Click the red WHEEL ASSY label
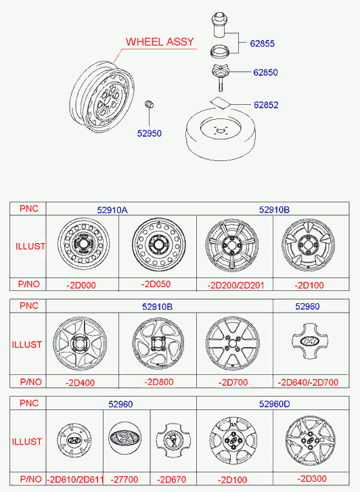(x=160, y=42)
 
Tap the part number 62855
(x=262, y=43)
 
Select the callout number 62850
(x=265, y=72)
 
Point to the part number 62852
(x=266, y=105)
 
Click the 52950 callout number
(x=150, y=133)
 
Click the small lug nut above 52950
(x=149, y=104)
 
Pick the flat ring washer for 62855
(x=220, y=51)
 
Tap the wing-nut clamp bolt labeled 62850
(x=221, y=77)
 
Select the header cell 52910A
(x=112, y=210)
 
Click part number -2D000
(x=81, y=285)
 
